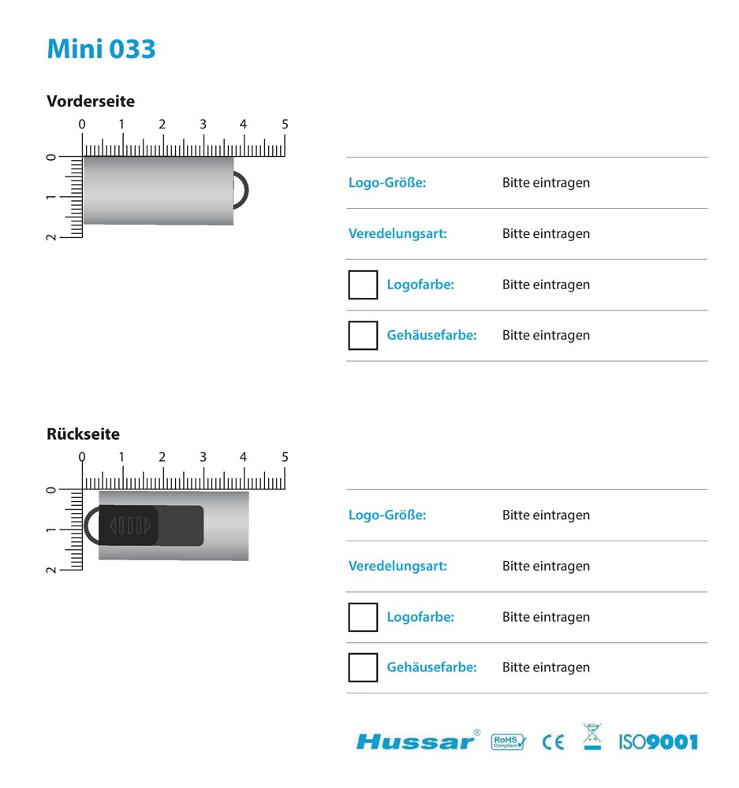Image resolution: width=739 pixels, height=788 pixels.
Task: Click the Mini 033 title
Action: point(101,49)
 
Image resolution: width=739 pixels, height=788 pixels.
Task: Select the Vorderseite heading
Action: point(91,102)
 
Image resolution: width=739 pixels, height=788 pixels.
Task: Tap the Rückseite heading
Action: point(83,434)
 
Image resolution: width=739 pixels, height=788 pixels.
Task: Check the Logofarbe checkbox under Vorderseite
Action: point(363,284)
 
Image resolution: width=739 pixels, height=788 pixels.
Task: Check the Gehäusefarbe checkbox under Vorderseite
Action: point(363,335)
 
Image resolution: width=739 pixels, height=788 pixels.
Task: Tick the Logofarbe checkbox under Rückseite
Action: point(363,617)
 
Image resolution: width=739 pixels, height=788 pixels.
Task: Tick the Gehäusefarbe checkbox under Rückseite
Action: point(363,667)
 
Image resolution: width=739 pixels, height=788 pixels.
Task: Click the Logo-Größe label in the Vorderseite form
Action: point(387,183)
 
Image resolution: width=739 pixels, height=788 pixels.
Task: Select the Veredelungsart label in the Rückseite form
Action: point(397,566)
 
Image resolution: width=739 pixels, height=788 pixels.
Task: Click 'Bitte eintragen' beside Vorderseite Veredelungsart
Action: point(546,234)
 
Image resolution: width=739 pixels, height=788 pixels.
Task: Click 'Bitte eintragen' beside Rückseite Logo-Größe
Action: point(546,515)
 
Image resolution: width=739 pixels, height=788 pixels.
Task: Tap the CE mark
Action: point(554,742)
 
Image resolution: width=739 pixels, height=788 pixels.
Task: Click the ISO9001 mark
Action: point(658,742)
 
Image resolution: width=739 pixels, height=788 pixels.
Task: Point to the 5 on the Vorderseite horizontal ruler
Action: point(285,125)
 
